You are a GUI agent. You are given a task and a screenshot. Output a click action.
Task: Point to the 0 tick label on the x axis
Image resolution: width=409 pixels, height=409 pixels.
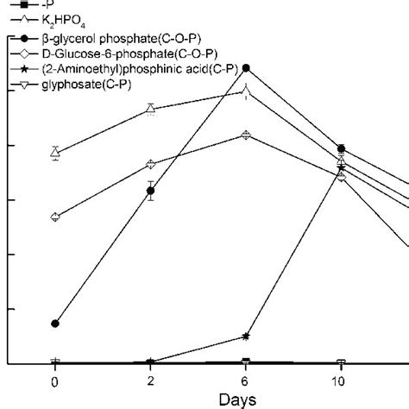[55, 381]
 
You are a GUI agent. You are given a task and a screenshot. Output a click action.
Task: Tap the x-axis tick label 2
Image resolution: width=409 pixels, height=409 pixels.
[150, 381]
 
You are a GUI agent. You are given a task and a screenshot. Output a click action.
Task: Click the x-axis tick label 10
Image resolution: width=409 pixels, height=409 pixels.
[339, 381]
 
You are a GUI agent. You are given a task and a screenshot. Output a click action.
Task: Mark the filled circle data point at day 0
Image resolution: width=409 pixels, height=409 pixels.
[55, 324]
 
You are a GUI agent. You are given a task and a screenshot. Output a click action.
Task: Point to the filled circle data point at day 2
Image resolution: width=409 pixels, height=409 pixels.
[150, 191]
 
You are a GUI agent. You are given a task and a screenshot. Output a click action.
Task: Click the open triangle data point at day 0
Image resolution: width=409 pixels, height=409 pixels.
[55, 153]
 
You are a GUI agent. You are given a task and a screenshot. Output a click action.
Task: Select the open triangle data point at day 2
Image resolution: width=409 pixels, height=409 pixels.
[150, 109]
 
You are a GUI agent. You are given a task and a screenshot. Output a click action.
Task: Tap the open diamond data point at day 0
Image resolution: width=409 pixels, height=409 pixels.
[55, 217]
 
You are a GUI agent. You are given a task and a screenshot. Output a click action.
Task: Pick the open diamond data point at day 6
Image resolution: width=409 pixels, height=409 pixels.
[246, 135]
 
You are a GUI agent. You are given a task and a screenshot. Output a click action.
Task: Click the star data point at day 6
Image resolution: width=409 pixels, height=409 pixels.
[246, 336]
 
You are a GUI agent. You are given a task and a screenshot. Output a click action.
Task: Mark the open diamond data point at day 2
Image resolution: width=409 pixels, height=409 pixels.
[150, 164]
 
